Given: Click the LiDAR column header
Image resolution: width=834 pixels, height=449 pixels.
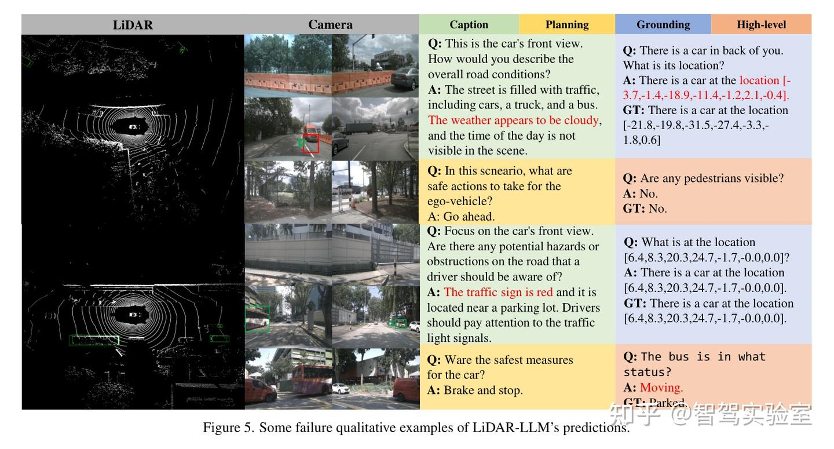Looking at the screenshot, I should tap(133, 25).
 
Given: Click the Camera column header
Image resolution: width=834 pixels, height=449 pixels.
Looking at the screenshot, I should tap(330, 25).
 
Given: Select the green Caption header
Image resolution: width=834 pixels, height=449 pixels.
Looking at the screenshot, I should tap(469, 25).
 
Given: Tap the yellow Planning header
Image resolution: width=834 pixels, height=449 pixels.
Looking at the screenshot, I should tap(566, 25).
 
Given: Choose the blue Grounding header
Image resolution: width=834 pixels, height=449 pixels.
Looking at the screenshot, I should tap(663, 25).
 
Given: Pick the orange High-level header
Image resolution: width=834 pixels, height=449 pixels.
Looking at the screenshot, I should tap(761, 25).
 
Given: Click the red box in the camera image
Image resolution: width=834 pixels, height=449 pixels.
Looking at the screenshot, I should tap(311, 143).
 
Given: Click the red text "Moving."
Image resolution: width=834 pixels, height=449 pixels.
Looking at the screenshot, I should tap(661, 388).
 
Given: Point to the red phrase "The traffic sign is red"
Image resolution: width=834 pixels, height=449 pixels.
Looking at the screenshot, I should tap(498, 293).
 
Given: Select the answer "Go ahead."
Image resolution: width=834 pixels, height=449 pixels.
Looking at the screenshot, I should tap(469, 217).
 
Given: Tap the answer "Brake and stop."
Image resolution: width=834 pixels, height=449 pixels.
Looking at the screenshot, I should tap(483, 390).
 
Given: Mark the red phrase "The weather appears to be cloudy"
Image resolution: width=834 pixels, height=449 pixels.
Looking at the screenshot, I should tap(513, 121).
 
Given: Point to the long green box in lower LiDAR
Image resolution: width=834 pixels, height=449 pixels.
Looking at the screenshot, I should tap(94, 341).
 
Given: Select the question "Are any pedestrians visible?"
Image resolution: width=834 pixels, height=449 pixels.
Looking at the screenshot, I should tap(711, 178).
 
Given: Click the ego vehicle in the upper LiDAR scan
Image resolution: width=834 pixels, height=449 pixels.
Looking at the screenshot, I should tap(133, 126).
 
